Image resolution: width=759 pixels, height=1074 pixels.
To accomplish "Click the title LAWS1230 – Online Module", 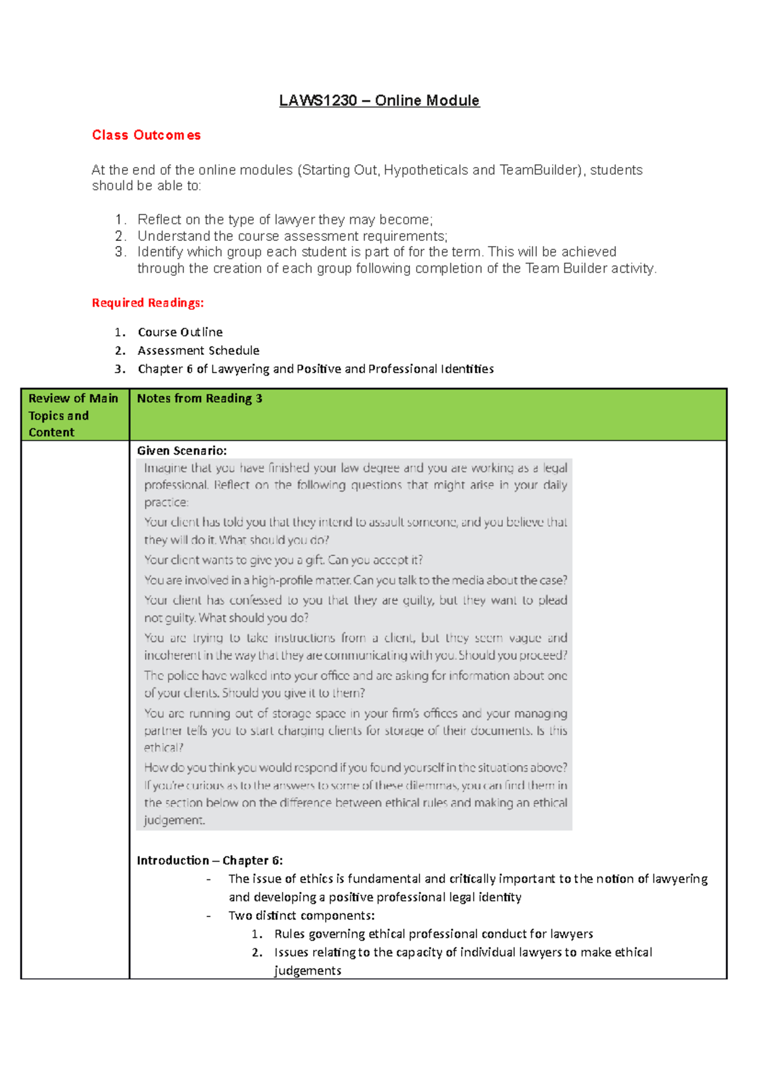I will [379, 101].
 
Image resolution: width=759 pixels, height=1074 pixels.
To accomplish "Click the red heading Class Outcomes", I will [146, 135].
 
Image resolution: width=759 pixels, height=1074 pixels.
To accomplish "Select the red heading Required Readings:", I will [148, 303].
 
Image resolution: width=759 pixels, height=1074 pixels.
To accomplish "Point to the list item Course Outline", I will [180, 332].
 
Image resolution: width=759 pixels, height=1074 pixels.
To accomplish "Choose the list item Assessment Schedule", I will [199, 350].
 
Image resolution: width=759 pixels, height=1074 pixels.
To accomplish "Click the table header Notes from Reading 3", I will [199, 398].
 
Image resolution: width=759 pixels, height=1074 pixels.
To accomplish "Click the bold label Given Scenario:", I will [182, 450].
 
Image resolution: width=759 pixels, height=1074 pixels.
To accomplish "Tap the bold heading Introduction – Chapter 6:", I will [210, 860].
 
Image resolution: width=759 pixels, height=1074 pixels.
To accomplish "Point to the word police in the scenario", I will [183, 676].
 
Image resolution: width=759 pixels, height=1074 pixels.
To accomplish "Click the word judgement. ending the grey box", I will [175, 820].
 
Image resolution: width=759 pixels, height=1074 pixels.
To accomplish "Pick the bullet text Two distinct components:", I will [302, 916].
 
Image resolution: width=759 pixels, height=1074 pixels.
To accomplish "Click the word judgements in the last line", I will [307, 971].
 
